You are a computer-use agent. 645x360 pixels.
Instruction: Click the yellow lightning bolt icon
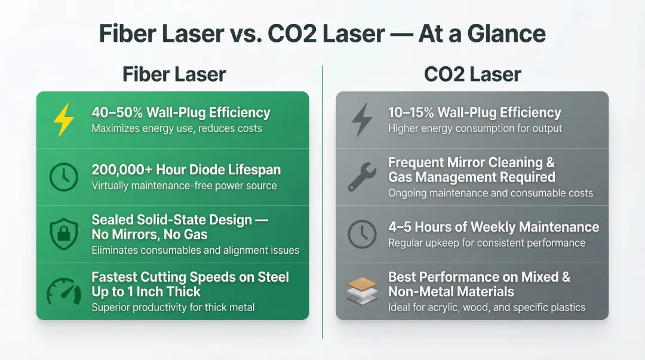click(64, 120)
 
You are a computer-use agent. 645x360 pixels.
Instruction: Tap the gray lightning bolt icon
click(362, 120)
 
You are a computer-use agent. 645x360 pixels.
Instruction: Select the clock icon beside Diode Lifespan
click(64, 177)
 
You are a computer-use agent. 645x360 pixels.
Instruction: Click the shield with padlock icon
click(64, 234)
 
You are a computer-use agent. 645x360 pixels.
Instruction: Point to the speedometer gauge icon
click(64, 291)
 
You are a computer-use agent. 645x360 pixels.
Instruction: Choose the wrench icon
click(362, 177)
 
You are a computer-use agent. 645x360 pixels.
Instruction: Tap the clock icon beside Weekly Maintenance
click(362, 234)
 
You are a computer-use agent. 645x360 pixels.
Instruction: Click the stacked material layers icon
click(362, 291)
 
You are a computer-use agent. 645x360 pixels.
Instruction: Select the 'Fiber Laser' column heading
click(174, 75)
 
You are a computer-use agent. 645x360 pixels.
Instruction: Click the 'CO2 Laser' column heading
click(472, 75)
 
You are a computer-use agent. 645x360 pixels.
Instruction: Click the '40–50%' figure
click(117, 112)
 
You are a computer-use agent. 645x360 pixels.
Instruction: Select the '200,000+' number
click(122, 170)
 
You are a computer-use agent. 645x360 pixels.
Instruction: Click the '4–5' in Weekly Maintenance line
click(400, 227)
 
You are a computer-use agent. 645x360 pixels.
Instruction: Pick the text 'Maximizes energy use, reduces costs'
click(177, 128)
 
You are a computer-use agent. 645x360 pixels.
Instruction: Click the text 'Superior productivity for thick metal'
click(173, 307)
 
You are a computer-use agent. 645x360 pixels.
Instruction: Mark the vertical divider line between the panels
click(322, 202)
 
